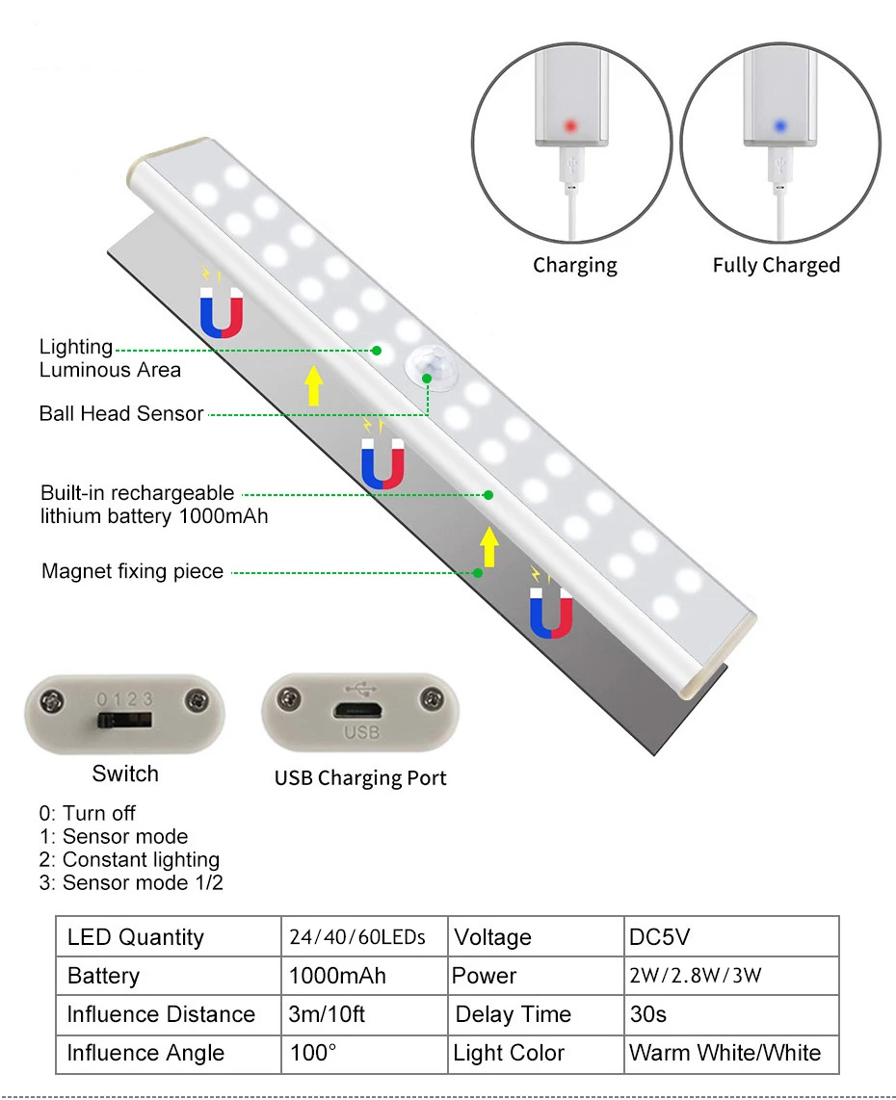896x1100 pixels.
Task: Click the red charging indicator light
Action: (x=569, y=125)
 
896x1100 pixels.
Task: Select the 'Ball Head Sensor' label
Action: (x=121, y=414)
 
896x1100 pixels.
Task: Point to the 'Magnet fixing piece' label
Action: (x=132, y=572)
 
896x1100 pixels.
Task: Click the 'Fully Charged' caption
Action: (x=776, y=266)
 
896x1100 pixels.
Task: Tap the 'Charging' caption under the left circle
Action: (x=575, y=266)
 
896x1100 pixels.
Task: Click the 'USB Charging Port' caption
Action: (x=360, y=778)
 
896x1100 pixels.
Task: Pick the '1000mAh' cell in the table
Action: (x=337, y=976)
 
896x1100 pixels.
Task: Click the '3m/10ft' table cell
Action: (x=327, y=1014)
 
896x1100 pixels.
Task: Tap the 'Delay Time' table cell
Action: (x=513, y=1014)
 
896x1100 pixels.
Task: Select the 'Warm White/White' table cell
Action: (x=725, y=1053)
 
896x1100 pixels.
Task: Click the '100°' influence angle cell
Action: (x=313, y=1053)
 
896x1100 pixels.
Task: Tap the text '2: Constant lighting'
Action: (x=129, y=859)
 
